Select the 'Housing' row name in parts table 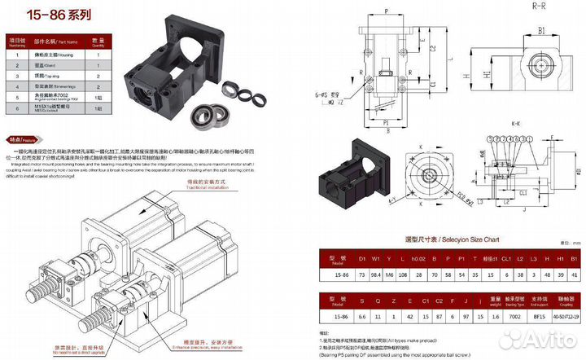tap(62, 54)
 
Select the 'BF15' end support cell tap(533, 314)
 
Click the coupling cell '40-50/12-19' tap(563, 314)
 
